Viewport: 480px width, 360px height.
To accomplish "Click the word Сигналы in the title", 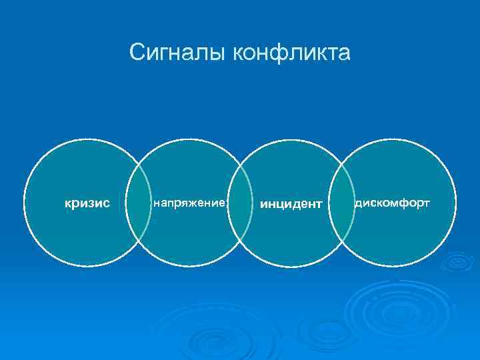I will [x=178, y=52].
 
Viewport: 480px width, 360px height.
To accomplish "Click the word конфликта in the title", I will [x=291, y=52].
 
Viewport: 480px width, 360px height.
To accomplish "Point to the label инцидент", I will [x=291, y=203].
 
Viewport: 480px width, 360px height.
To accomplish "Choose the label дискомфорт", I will [x=393, y=202].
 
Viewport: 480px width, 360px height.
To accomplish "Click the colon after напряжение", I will [x=227, y=203].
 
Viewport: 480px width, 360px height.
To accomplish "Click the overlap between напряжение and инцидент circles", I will [x=240, y=203].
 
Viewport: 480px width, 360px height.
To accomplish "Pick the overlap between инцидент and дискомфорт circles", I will [x=341, y=203].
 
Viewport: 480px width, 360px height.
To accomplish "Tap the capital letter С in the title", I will [x=137, y=52].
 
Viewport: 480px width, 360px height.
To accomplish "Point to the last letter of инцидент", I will [x=319, y=203].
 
